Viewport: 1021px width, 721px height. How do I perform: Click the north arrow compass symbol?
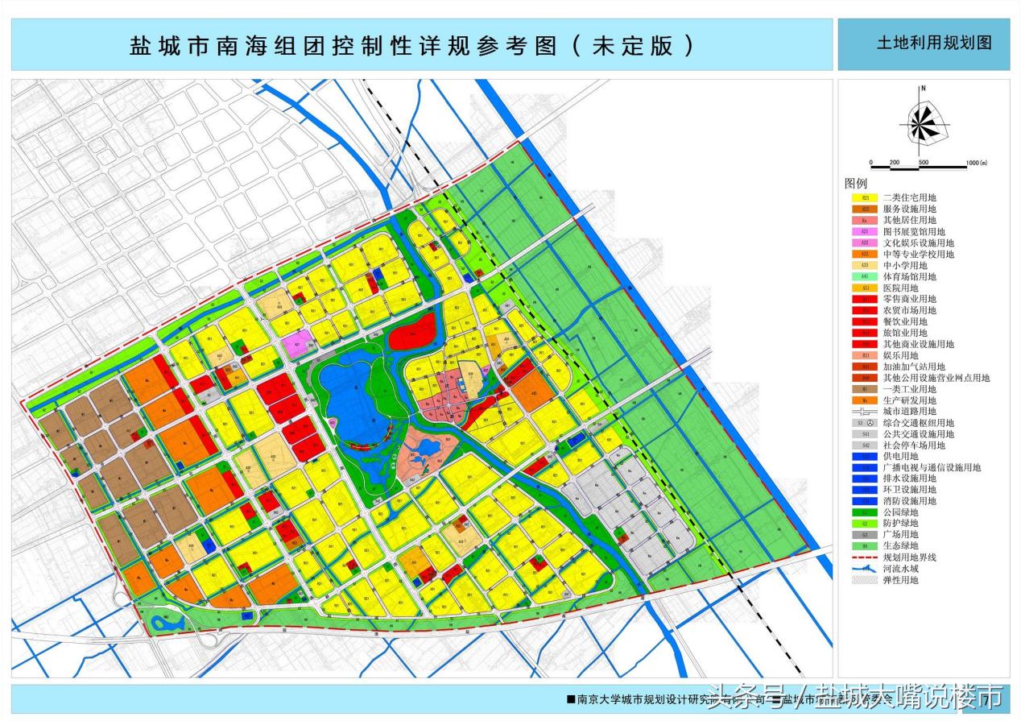pyautogui.click(x=924, y=122)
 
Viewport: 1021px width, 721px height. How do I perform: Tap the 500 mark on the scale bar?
pyautogui.click(x=924, y=163)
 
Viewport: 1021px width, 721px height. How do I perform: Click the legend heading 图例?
pyautogui.click(x=855, y=184)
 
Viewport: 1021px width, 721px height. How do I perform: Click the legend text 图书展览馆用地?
pyautogui.click(x=914, y=231)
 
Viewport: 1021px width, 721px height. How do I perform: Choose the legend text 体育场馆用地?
pyautogui.click(x=908, y=276)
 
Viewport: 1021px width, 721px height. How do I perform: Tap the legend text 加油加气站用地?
pyautogui.click(x=914, y=367)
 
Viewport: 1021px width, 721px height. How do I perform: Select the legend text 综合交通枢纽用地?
pyautogui.click(x=919, y=423)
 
